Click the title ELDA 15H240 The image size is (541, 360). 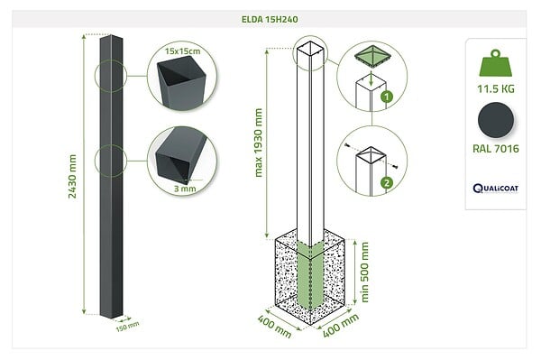pyautogui.click(x=270, y=19)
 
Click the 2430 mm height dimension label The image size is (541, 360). pyautogui.click(x=72, y=176)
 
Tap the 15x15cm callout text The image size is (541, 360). pyautogui.click(x=182, y=51)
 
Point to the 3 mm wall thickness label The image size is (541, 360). pyautogui.click(x=185, y=189)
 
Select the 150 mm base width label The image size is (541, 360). pyautogui.click(x=127, y=327)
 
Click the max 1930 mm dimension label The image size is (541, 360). pyautogui.click(x=258, y=143)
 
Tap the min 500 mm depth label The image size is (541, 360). pyautogui.click(x=364, y=272)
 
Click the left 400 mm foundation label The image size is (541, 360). pyautogui.click(x=275, y=327)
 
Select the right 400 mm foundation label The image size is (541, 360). pyautogui.click(x=341, y=326)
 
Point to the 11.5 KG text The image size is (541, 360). pyautogui.click(x=496, y=89)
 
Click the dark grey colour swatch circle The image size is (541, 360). pyautogui.click(x=496, y=120)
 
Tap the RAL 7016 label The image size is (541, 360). pyautogui.click(x=496, y=149)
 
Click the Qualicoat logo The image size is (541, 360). pyautogui.click(x=496, y=189)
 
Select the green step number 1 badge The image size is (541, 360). pyautogui.click(x=387, y=97)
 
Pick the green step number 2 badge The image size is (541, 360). pyautogui.click(x=387, y=182)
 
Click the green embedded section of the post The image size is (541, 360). pyautogui.click(x=310, y=276)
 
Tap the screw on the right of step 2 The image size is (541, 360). pyautogui.click(x=395, y=168)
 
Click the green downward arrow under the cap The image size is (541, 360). pyautogui.click(x=371, y=79)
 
